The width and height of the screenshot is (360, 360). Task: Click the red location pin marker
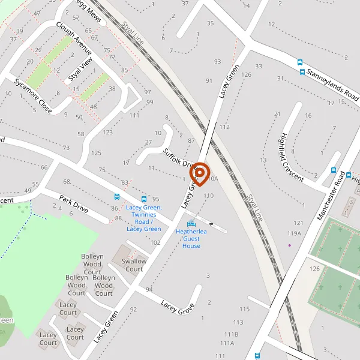[199, 174]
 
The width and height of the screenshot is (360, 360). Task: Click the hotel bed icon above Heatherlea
[191, 224]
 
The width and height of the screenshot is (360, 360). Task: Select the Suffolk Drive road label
[181, 157]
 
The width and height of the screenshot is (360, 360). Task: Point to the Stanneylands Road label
[332, 84]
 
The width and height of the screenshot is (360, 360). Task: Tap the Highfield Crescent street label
[292, 153]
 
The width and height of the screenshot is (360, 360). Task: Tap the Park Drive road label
[74, 204]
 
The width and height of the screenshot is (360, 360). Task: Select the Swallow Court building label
[134, 265]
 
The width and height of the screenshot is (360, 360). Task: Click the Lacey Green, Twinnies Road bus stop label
[144, 218]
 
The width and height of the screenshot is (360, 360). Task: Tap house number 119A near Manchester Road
[294, 233]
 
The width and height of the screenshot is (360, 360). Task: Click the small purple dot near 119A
[289, 245]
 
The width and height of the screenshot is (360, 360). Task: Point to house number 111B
[232, 334]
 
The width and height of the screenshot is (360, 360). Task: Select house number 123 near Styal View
[108, 132]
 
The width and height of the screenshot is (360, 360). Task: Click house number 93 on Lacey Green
[217, 62]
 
